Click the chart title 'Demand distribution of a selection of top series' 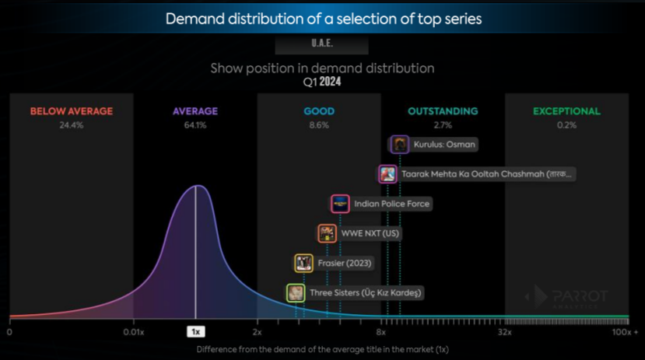click(x=323, y=19)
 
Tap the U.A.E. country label click(x=322, y=44)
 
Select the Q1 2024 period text click(x=322, y=81)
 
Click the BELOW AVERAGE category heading click(x=72, y=111)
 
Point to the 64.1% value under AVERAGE click(x=195, y=124)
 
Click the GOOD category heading click(x=319, y=111)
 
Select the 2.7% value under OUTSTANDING click(x=443, y=124)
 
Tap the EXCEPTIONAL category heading click(x=566, y=111)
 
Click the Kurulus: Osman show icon click(x=400, y=144)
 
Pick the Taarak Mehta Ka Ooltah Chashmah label click(x=487, y=174)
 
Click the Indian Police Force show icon click(x=340, y=204)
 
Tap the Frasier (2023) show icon click(x=303, y=263)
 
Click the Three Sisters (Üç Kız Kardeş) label click(x=365, y=293)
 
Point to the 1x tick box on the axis click(x=195, y=331)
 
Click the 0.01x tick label click(x=133, y=332)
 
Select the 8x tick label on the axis click(x=381, y=332)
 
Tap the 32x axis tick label click(x=504, y=332)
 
